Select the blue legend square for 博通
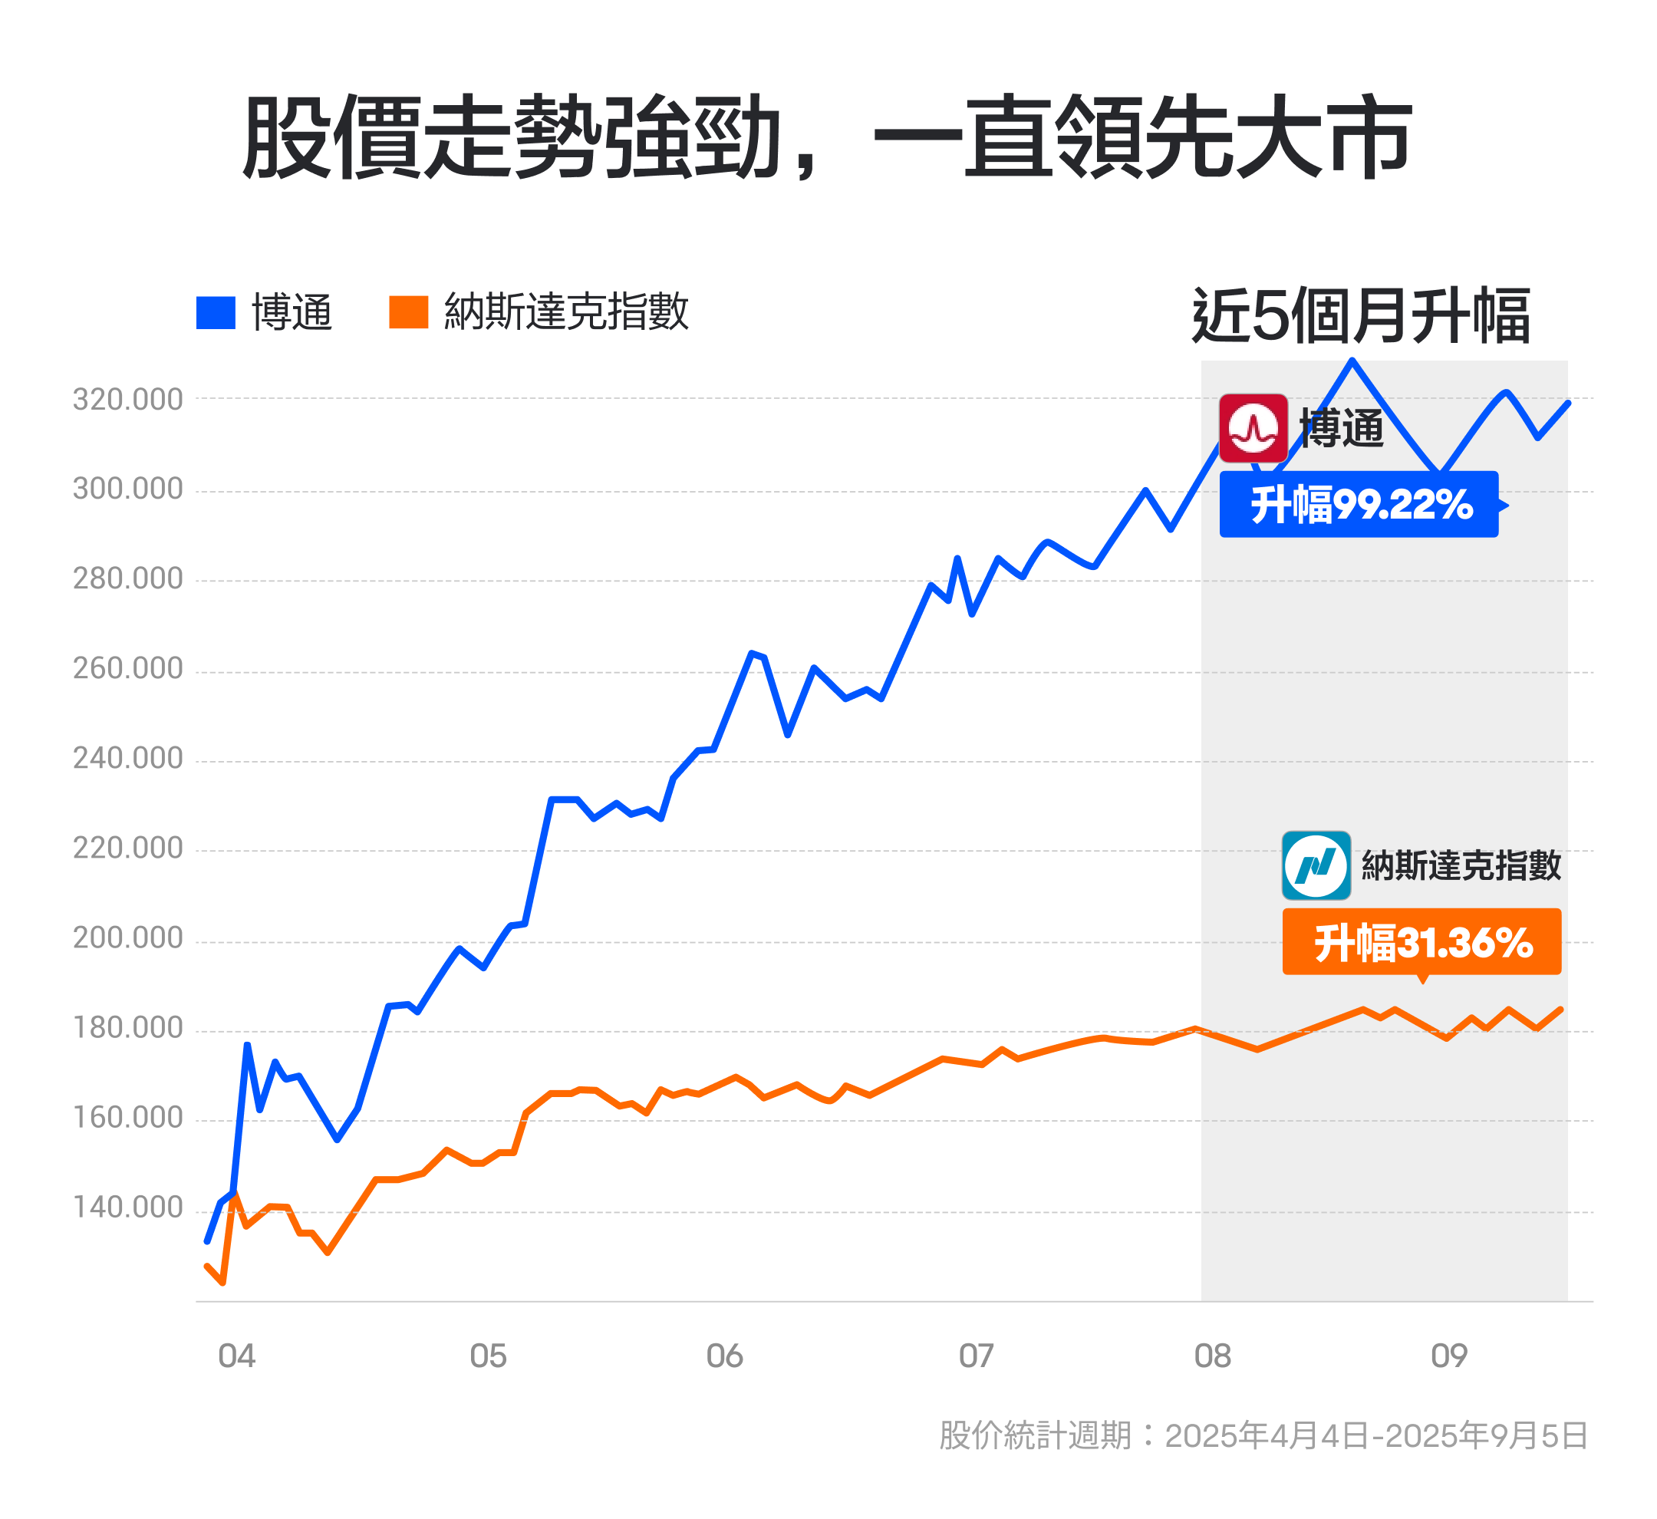click(216, 312)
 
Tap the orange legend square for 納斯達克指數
click(408, 312)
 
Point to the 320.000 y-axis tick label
click(128, 400)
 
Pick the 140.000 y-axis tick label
click(128, 1207)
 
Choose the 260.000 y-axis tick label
click(128, 668)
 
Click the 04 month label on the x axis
click(237, 1356)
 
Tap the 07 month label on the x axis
click(977, 1356)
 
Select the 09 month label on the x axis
click(1449, 1356)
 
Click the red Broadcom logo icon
click(1253, 428)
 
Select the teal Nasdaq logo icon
click(1316, 865)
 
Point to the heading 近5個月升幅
click(1360, 315)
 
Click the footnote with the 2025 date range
click(1263, 1435)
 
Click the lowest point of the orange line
click(222, 1282)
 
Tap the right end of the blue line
click(1567, 404)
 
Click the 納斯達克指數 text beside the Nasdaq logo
click(1461, 865)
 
